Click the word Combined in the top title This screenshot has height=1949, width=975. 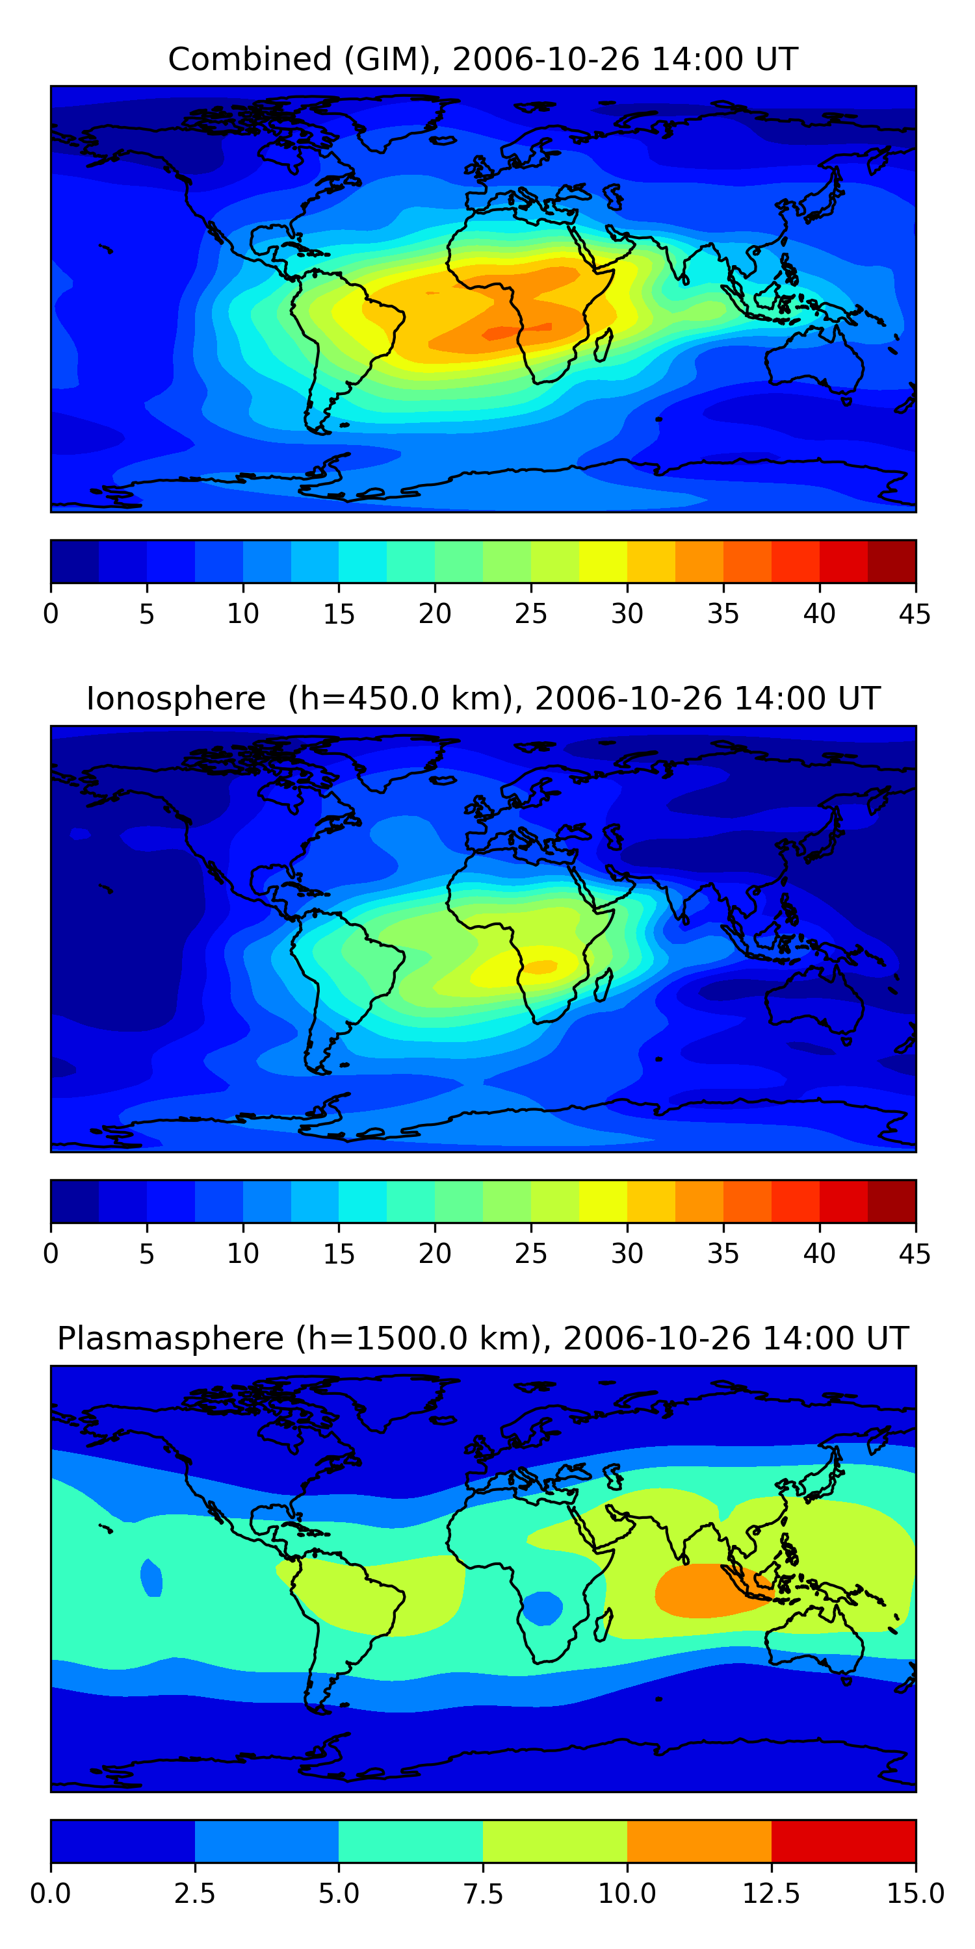click(x=250, y=59)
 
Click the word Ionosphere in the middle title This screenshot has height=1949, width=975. click(x=175, y=698)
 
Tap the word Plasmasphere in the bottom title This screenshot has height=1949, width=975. click(x=170, y=1338)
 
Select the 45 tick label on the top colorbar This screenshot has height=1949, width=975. click(x=915, y=613)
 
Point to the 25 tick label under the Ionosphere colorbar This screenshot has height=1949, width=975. click(x=530, y=1254)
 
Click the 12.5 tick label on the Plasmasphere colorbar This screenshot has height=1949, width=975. click(x=771, y=1894)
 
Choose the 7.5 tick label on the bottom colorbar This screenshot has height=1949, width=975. click(x=483, y=1894)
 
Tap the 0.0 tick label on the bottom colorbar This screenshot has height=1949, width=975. click(x=51, y=1894)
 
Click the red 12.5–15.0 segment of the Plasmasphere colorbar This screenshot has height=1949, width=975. click(x=843, y=1841)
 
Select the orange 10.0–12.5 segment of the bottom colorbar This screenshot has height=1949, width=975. click(x=699, y=1841)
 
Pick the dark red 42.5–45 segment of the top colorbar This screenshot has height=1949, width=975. click(x=891, y=561)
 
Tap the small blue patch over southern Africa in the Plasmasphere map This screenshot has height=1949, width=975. click(x=543, y=1608)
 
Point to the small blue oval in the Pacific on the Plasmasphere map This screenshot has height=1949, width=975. click(x=152, y=1578)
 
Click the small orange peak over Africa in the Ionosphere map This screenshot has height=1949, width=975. click(x=542, y=966)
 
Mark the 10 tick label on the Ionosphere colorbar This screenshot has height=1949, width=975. click(x=242, y=1254)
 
